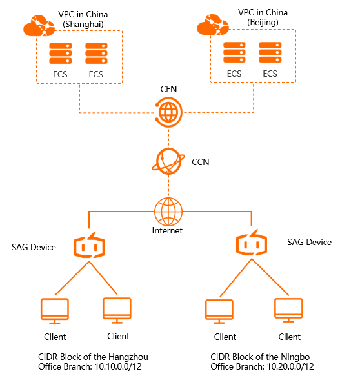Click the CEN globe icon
click(x=168, y=112)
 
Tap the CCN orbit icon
click(x=168, y=161)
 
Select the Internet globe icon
click(x=168, y=210)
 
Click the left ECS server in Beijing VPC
click(x=234, y=53)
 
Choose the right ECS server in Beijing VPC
click(x=269, y=53)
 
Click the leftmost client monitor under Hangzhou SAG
click(x=54, y=312)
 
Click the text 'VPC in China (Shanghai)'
click(x=83, y=18)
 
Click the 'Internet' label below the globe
click(x=168, y=230)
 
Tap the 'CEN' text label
click(x=168, y=88)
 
